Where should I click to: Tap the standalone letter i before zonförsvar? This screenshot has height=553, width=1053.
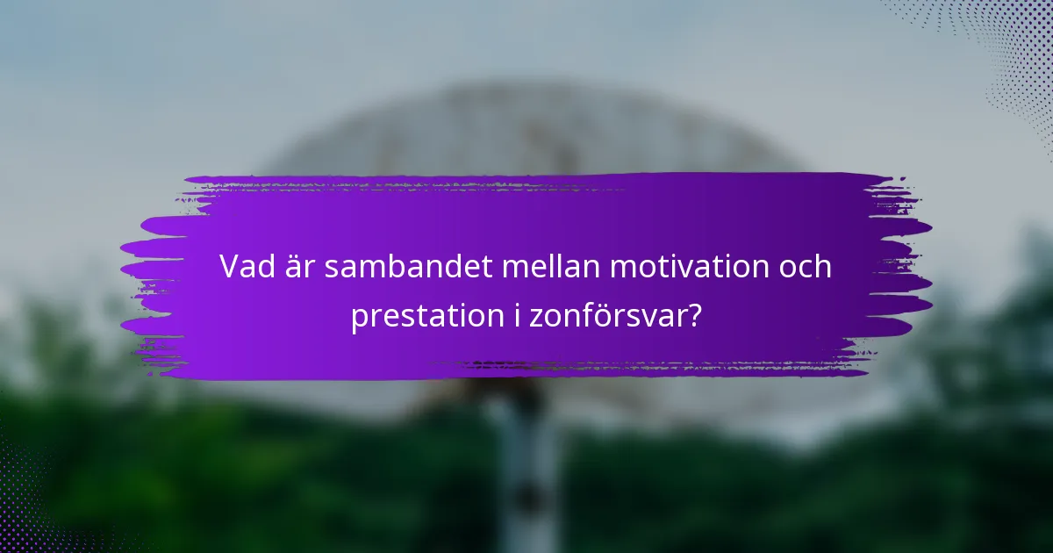(x=519, y=316)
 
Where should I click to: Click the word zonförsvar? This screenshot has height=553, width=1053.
(x=609, y=316)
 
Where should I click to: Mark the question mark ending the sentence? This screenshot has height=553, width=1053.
(x=693, y=316)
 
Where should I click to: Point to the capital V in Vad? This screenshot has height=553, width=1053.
(x=230, y=266)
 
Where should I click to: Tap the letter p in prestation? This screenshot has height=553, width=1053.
(x=360, y=320)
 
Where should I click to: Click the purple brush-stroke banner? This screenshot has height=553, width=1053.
(x=526, y=211)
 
